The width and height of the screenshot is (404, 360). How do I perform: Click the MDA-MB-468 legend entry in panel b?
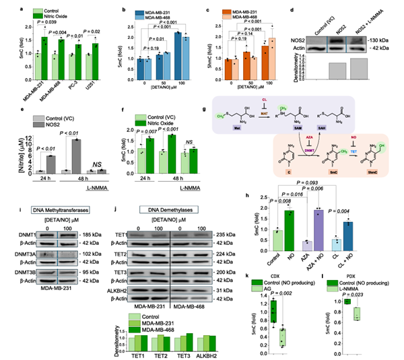point(161,18)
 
